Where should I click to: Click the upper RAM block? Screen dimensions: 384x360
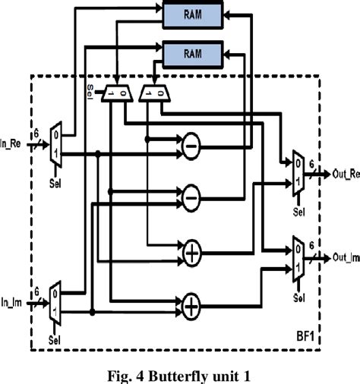(x=193, y=14)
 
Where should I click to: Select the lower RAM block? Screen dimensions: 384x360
(x=193, y=52)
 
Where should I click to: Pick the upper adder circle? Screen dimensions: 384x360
(x=191, y=252)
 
